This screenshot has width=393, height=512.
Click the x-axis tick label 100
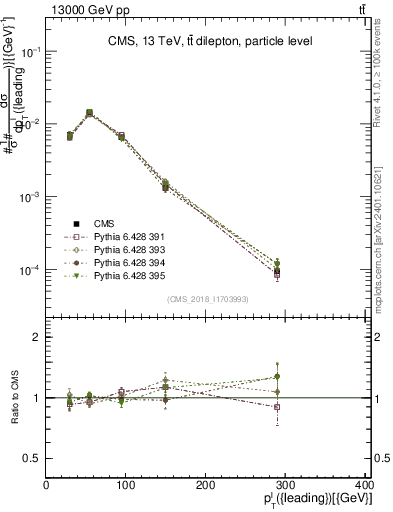126,486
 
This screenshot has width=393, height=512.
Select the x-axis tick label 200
206,486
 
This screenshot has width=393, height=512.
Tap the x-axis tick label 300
287,486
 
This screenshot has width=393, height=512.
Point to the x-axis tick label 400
364,486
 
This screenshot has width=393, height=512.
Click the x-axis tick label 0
46,486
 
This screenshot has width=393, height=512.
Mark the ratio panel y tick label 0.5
32,458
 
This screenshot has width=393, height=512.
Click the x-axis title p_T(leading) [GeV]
320,500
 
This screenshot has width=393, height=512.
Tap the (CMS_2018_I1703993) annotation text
207,299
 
